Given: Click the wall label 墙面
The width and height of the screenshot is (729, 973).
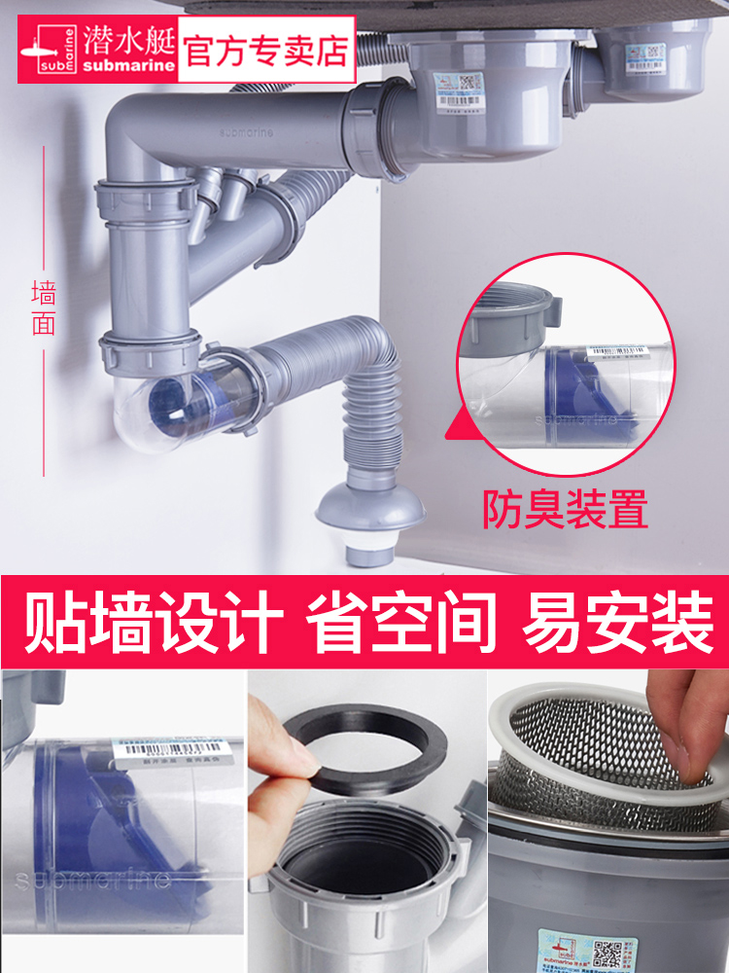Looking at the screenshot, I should [x=44, y=307].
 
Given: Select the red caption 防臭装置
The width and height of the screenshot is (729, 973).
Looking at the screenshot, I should [x=565, y=509].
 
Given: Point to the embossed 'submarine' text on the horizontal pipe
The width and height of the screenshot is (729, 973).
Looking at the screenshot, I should [x=248, y=127].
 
